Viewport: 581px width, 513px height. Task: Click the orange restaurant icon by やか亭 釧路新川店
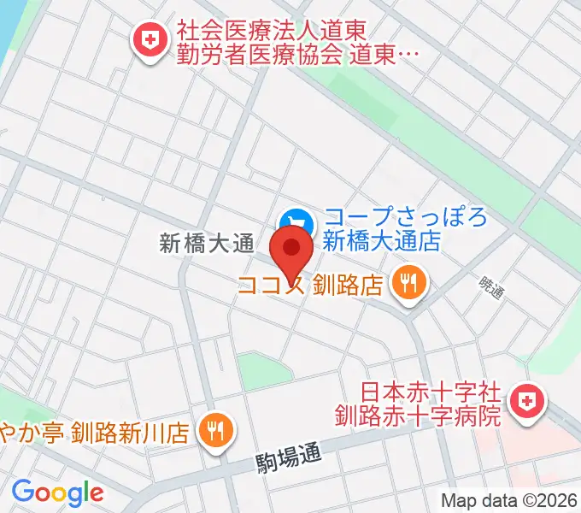click(x=214, y=429)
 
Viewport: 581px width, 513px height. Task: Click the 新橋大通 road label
click(x=208, y=244)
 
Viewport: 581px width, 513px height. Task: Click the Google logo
click(x=57, y=492)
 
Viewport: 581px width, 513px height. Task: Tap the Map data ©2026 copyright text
click(x=509, y=500)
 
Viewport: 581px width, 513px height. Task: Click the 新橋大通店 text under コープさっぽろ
click(x=381, y=241)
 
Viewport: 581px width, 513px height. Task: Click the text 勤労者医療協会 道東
click(x=299, y=54)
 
